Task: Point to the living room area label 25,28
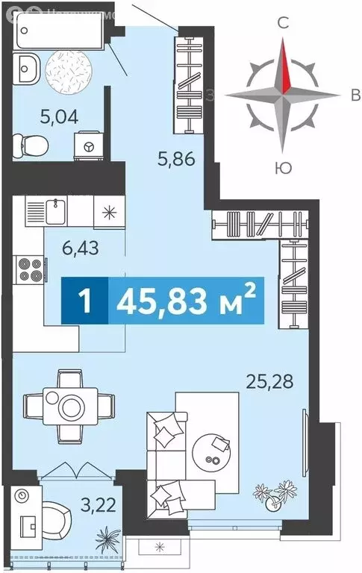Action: (269, 383)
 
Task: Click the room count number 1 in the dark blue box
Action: (86, 302)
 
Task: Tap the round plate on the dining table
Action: (72, 407)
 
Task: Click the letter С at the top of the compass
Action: (283, 23)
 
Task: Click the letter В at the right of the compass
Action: (355, 94)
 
